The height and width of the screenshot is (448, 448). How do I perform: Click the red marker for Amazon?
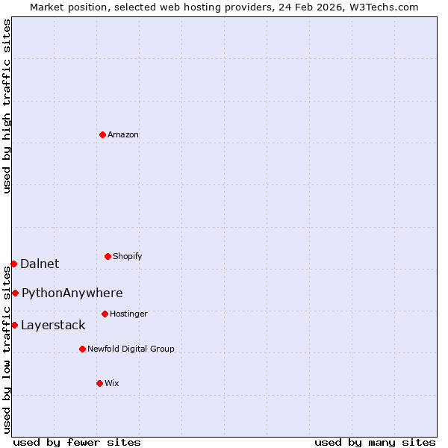coord(102,134)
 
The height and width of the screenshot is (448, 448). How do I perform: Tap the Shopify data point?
coord(108,256)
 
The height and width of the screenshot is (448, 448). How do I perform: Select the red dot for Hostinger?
coord(105,314)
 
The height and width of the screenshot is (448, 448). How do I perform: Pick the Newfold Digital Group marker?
coord(82,349)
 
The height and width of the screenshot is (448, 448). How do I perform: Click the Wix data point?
coord(99,383)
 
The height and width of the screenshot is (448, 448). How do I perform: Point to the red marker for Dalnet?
coord(13,264)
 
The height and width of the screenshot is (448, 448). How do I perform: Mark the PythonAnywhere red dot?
coord(15,293)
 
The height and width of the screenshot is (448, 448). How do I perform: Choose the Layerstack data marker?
coord(14,325)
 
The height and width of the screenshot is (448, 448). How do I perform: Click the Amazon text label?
coord(123,135)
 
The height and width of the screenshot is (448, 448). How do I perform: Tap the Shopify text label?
coord(128,257)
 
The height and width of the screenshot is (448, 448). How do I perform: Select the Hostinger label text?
coord(128,314)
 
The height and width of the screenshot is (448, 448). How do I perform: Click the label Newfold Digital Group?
coord(131,349)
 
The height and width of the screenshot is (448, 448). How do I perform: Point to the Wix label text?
coord(112,384)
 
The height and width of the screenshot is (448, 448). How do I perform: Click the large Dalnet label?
coord(40,264)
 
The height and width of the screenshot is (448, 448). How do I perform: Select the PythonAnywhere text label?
coord(72,293)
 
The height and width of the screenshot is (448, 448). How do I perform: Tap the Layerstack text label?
coord(53,325)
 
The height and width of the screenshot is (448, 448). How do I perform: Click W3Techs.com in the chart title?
coord(385,7)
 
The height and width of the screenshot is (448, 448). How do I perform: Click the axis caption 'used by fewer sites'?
coord(77,442)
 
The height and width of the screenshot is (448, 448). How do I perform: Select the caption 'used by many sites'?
coord(375,442)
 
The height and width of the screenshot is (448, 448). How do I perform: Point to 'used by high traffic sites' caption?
coord(7,106)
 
